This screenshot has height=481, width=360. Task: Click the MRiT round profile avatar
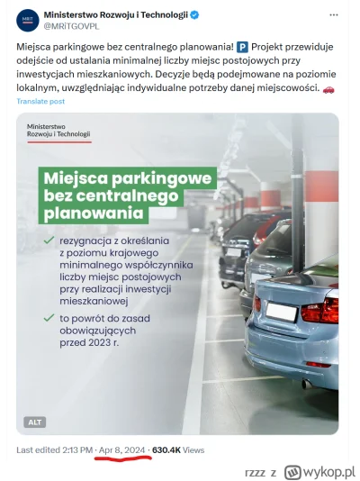pyautogui.click(x=28, y=21)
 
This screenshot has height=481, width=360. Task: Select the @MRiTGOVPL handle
pyautogui.click(x=80, y=27)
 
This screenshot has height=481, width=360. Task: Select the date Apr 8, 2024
pyautogui.click(x=124, y=448)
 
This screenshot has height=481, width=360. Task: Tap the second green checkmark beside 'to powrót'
pyautogui.click(x=48, y=319)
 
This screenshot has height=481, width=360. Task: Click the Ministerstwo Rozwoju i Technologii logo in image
pyautogui.click(x=58, y=131)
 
